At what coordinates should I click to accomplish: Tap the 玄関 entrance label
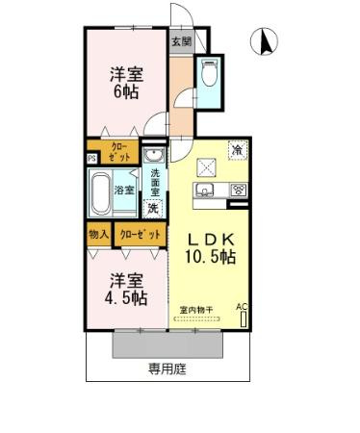(x=181, y=41)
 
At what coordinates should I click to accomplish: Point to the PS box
(x=91, y=159)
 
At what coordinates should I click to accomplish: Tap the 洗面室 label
(x=154, y=183)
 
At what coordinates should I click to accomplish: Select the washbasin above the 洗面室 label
(x=153, y=156)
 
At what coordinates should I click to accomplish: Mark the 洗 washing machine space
(x=152, y=207)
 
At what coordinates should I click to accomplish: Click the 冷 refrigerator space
(x=236, y=148)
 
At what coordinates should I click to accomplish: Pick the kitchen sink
(x=206, y=189)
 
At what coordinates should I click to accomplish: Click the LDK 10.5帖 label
(x=211, y=247)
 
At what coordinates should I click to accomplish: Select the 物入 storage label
(x=98, y=234)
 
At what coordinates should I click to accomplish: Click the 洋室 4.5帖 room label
(x=126, y=289)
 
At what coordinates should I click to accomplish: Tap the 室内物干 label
(x=197, y=309)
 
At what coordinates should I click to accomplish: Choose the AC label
(x=242, y=307)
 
